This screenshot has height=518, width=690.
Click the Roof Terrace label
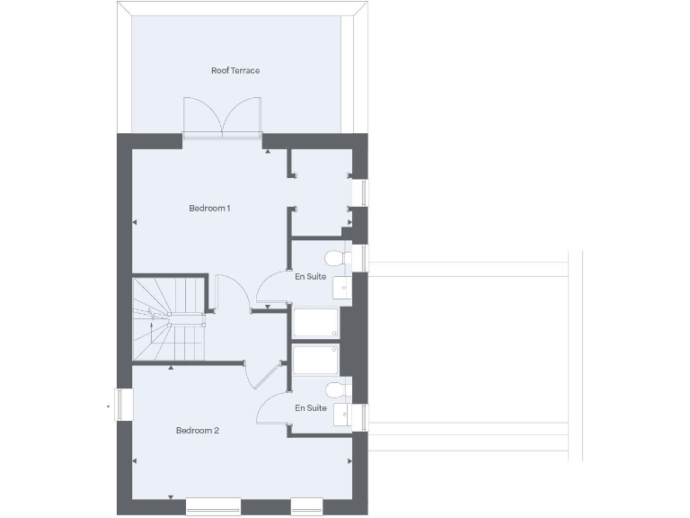(235, 70)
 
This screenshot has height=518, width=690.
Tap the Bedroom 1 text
(209, 209)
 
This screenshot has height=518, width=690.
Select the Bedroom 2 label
(198, 431)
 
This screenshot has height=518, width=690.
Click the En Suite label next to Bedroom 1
(311, 276)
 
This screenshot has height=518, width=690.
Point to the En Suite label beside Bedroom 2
(311, 407)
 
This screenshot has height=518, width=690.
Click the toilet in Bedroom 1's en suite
(335, 257)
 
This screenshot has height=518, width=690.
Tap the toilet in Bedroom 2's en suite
(335, 389)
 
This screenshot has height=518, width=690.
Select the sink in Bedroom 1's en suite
(342, 287)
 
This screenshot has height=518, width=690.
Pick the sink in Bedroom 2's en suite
(342, 415)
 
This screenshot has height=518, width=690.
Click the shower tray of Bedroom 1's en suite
(315, 323)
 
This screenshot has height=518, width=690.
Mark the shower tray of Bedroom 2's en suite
(315, 359)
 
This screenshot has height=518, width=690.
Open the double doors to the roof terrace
(222, 117)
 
